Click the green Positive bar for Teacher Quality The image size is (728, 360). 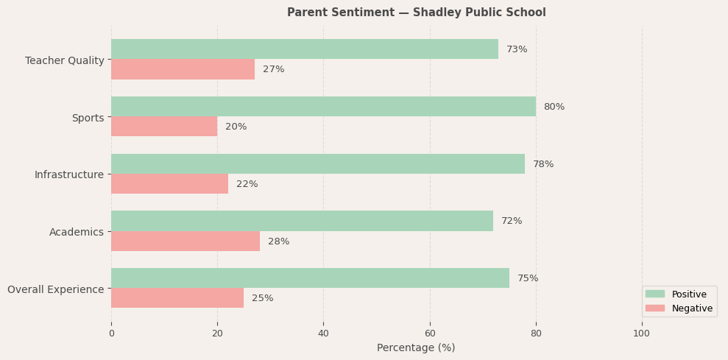(x=305, y=49)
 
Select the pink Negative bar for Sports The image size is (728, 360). (x=164, y=127)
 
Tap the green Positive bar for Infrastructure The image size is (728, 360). (x=318, y=164)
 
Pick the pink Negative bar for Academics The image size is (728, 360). (x=185, y=241)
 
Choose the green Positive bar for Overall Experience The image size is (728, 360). (x=310, y=278)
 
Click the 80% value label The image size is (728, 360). (x=554, y=107)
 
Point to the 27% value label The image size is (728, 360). (x=273, y=69)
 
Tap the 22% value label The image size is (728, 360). (x=247, y=184)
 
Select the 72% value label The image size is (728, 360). (x=512, y=221)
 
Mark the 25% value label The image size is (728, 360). (x=262, y=298)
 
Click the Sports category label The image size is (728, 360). (x=88, y=118)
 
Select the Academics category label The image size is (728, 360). (x=77, y=232)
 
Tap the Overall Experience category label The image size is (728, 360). (x=56, y=289)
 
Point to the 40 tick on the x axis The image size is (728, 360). (x=323, y=333)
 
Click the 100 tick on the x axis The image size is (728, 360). (x=642, y=333)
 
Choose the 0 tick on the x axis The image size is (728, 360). (x=111, y=333)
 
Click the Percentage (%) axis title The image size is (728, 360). (x=416, y=347)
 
